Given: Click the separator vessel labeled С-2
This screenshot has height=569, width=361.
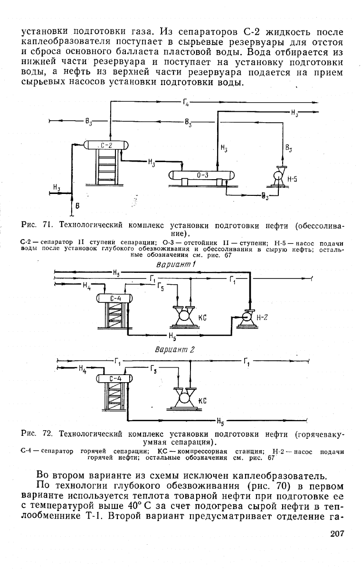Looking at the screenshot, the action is (106, 145).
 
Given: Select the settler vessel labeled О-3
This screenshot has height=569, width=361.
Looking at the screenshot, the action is (202, 175).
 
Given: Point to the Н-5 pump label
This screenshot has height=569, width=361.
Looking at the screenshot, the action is (292, 179).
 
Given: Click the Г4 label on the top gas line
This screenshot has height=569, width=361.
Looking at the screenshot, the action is (186, 103).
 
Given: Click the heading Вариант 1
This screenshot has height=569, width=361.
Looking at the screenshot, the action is (176, 265).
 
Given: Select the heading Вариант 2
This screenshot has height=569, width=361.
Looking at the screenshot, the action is (175, 350).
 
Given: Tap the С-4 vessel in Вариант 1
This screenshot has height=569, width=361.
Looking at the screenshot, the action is (115, 299).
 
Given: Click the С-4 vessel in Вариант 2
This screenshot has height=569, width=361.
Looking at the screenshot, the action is (115, 378).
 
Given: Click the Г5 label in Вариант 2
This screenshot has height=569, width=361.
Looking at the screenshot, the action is (153, 370).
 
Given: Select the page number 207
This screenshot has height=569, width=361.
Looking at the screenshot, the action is (337, 533).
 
